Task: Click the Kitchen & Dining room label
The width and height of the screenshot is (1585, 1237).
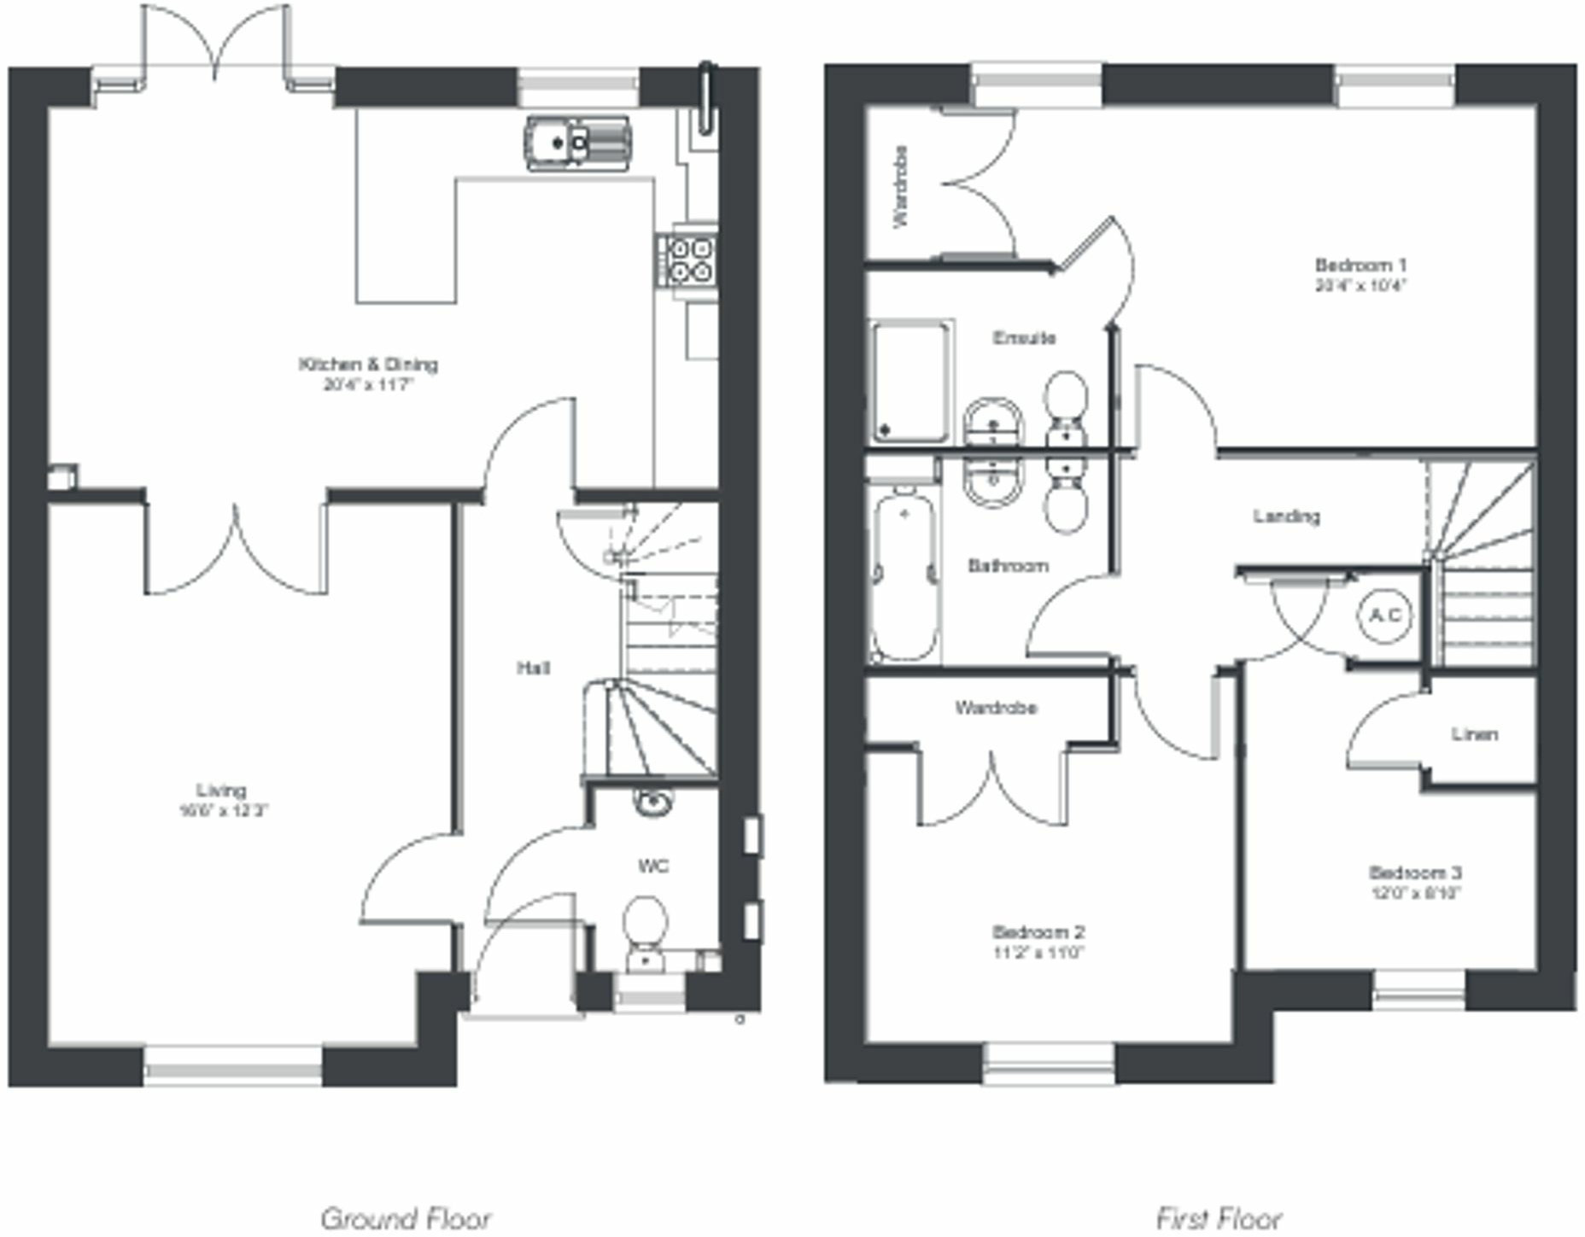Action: (x=368, y=365)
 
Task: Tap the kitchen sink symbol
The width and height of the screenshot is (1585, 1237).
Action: (x=577, y=143)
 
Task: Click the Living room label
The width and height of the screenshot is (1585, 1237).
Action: (x=221, y=791)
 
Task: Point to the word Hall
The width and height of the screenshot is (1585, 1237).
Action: (x=533, y=668)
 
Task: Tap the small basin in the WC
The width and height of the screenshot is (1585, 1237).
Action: (x=653, y=802)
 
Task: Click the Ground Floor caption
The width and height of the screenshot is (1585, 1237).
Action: (x=406, y=1217)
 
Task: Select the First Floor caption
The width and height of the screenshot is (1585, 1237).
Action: (x=1219, y=1217)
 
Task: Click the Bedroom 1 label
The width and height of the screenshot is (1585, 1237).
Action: (x=1360, y=265)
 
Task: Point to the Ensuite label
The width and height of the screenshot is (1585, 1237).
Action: (x=1024, y=338)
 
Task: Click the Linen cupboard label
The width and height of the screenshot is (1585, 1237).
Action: (x=1475, y=734)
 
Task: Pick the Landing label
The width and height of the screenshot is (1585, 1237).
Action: (x=1286, y=516)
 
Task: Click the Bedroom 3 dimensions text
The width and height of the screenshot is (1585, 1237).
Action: (x=1415, y=894)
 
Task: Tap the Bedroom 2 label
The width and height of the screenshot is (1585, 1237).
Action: (x=1038, y=931)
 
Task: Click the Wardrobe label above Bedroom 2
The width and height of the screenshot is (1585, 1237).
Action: (x=996, y=708)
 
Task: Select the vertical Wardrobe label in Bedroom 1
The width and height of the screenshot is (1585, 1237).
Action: (x=900, y=186)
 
